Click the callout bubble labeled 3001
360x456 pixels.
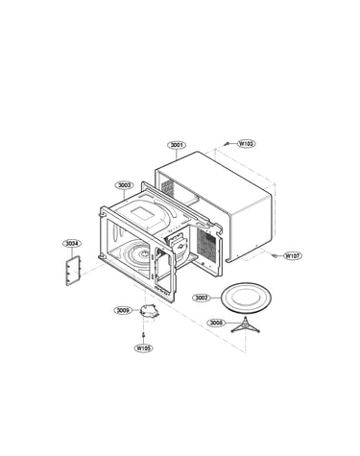(x=177, y=145)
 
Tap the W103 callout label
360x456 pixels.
(x=246, y=144)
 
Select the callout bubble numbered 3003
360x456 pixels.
(x=124, y=185)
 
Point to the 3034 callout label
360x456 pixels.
(x=72, y=244)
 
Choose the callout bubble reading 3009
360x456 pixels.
(x=123, y=310)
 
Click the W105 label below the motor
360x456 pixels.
(x=143, y=348)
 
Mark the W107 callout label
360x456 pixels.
(x=293, y=256)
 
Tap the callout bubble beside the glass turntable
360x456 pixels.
(x=202, y=298)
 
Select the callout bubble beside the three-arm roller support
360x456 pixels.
(x=216, y=323)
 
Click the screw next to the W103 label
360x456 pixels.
(x=228, y=144)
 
